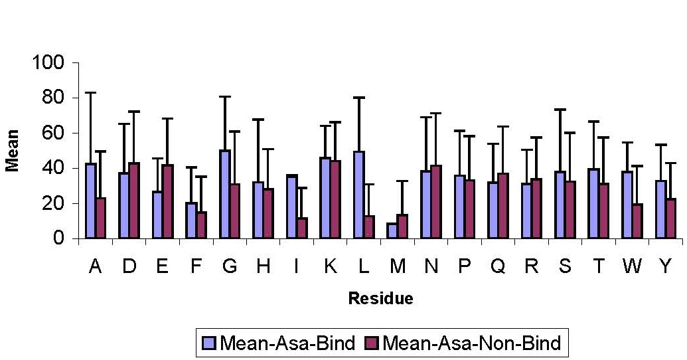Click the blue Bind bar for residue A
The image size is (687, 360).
pyautogui.click(x=91, y=201)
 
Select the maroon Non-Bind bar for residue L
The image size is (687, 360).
pyautogui.click(x=369, y=227)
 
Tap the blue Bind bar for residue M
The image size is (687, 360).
pyautogui.click(x=392, y=231)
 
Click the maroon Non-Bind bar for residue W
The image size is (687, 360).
pyautogui.click(x=637, y=221)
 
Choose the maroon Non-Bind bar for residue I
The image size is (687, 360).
pyautogui.click(x=302, y=228)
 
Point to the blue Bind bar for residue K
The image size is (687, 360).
pyautogui.click(x=325, y=198)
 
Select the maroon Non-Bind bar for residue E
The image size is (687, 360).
pyautogui.click(x=168, y=202)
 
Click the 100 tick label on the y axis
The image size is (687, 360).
pyautogui.click(x=48, y=62)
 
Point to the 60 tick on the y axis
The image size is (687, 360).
pyautogui.click(x=76, y=133)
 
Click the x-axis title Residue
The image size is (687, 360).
pyautogui.click(x=381, y=298)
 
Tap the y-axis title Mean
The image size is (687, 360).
pyautogui.click(x=12, y=150)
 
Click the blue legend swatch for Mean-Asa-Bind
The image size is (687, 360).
pyautogui.click(x=208, y=343)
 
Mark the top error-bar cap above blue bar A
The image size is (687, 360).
pyautogui.click(x=91, y=93)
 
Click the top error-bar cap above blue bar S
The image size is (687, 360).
pyautogui.click(x=560, y=109)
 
